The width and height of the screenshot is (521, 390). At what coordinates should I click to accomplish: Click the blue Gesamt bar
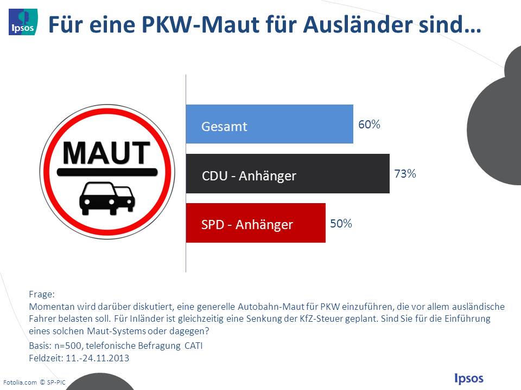click(x=269, y=124)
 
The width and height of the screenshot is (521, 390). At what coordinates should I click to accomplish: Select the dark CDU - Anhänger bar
click(x=288, y=174)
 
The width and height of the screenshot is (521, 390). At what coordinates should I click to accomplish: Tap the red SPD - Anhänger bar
click(x=256, y=223)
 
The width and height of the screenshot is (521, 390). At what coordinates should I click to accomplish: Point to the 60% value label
click(x=369, y=125)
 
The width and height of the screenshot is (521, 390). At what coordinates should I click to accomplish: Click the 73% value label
click(x=405, y=174)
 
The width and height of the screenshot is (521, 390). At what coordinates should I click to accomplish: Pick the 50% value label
click(x=341, y=223)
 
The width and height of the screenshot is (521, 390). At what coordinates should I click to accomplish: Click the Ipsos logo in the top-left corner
click(x=23, y=22)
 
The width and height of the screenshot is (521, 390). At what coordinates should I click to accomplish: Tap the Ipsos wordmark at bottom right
click(x=468, y=378)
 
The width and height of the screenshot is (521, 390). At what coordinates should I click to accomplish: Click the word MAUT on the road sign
click(x=106, y=153)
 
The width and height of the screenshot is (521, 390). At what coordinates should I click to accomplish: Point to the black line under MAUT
click(x=106, y=172)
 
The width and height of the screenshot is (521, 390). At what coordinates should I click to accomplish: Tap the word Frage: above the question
click(x=42, y=295)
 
